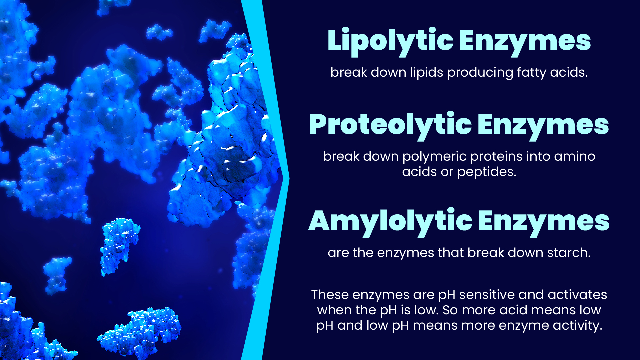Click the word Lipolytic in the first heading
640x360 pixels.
pos(390,41)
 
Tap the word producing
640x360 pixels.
pos(480,73)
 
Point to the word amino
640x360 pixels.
pos(575,156)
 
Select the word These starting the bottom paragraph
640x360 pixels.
pos(330,295)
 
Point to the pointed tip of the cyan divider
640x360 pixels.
pos(289,179)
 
